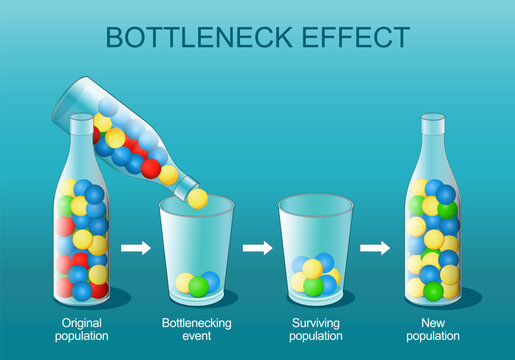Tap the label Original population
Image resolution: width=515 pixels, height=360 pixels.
point(83,331)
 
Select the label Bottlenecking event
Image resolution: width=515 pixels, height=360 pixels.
point(196,331)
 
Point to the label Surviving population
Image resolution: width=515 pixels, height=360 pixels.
point(315,331)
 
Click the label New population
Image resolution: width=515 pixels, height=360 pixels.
point(432,331)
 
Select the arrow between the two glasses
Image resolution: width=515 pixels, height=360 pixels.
point(257,247)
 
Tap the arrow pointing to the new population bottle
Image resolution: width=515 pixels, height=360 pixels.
point(375,247)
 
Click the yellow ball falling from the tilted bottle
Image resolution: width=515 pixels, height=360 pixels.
point(199,198)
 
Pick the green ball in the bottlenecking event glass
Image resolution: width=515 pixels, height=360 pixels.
point(199,286)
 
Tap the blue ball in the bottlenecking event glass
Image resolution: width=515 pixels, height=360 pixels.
point(211,281)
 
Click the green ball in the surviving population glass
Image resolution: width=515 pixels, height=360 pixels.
point(314,287)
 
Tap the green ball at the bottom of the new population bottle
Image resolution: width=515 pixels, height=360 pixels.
point(433,291)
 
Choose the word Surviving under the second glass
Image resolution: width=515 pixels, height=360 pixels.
point(315,324)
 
